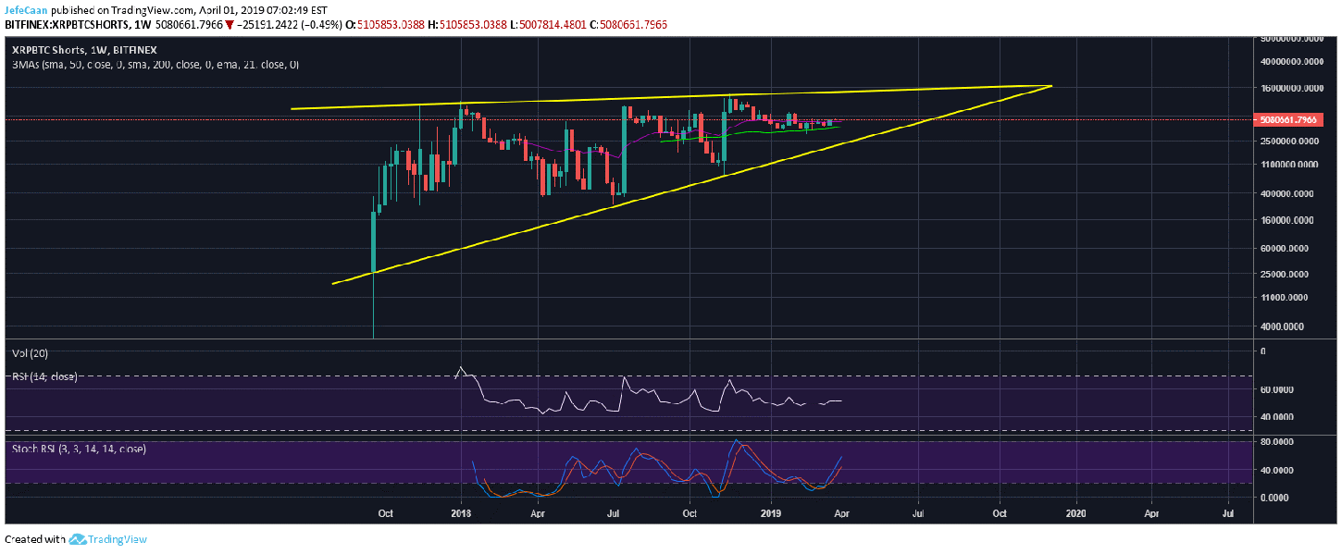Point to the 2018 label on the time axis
(460, 511)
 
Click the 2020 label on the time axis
(1076, 511)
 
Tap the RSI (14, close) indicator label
(43, 376)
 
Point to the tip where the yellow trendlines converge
(1052, 86)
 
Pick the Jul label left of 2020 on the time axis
(919, 511)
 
